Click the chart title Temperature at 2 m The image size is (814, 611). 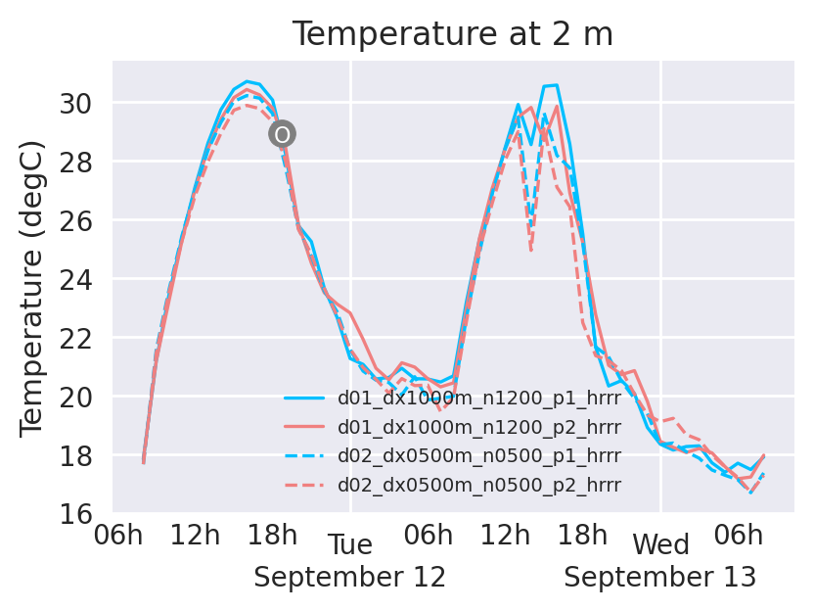452,34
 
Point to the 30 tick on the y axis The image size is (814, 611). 82,103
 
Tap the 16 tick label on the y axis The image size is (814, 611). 82,513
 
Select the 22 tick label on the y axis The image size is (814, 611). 82,338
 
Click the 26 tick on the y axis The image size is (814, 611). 82,220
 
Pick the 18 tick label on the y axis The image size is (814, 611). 82,455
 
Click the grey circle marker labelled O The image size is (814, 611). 282,134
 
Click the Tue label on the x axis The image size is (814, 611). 350,545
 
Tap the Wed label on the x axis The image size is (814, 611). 661,545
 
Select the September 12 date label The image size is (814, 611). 350,578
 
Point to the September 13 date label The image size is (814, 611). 660,578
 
